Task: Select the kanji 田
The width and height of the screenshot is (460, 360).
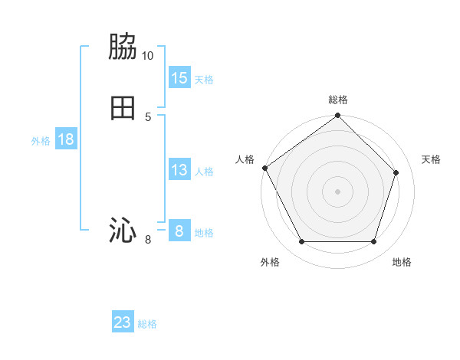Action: [123, 107]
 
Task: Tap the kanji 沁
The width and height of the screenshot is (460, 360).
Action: [123, 230]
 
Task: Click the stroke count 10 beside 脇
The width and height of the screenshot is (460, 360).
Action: [147, 56]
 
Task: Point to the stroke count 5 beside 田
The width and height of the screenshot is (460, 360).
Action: [148, 116]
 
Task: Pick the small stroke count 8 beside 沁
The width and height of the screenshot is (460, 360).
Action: [148, 240]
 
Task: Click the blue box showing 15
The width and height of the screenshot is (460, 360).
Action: [179, 78]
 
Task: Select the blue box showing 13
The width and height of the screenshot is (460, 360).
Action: [179, 170]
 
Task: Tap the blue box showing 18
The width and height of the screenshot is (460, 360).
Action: [65, 139]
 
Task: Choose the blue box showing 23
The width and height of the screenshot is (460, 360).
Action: [123, 322]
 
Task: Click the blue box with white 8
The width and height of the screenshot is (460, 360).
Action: [179, 231]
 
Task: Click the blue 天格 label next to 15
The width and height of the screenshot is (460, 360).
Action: [204, 80]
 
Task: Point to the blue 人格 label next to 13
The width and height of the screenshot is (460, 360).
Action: [204, 172]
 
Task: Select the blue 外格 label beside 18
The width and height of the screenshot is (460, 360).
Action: [41, 141]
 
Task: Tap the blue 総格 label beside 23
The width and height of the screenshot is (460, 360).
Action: [147, 324]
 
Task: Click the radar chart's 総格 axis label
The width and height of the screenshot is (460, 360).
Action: [338, 100]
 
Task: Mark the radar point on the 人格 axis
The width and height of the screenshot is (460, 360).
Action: [265, 168]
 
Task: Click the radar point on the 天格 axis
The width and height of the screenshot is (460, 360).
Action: [396, 173]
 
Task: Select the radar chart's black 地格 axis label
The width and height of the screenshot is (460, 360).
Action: [402, 262]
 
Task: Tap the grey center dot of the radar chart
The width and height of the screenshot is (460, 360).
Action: [337, 191]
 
